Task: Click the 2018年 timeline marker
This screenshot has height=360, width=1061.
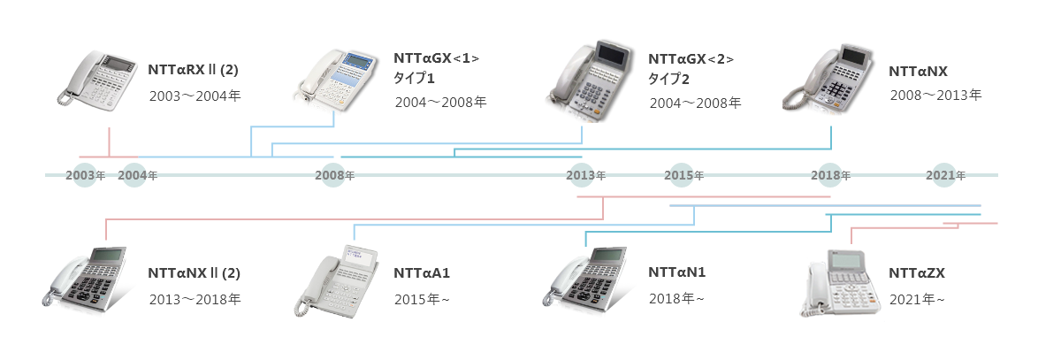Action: click(831, 175)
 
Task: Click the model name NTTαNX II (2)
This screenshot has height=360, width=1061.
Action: click(194, 272)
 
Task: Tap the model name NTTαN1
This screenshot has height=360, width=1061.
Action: click(676, 272)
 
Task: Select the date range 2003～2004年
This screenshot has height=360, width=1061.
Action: click(194, 94)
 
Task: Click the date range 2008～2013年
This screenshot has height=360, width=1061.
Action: click(935, 94)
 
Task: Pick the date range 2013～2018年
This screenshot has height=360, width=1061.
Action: click(194, 300)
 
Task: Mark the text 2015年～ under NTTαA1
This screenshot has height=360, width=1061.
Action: click(423, 300)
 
